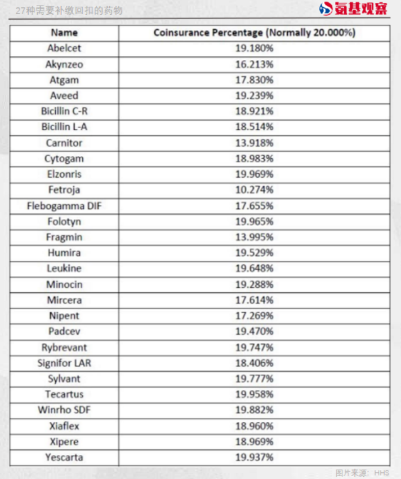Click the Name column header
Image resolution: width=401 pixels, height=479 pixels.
click(x=64, y=33)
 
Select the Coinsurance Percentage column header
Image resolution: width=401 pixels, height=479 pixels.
click(x=254, y=33)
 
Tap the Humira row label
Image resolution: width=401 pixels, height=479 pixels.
click(x=64, y=253)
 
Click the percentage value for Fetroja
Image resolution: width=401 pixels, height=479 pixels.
click(x=254, y=190)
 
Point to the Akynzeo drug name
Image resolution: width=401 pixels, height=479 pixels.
click(x=64, y=64)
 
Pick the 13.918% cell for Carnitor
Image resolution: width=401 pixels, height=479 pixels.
click(x=254, y=143)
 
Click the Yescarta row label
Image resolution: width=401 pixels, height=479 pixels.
click(x=64, y=457)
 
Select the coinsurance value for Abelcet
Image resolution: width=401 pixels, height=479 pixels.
click(x=254, y=49)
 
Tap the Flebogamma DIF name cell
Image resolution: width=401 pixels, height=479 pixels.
click(x=64, y=206)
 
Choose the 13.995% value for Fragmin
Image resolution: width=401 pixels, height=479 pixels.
click(x=254, y=237)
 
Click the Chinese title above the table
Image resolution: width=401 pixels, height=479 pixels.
click(x=69, y=10)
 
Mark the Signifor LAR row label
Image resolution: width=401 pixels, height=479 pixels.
click(x=64, y=363)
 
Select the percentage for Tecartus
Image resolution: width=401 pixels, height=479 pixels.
click(x=254, y=394)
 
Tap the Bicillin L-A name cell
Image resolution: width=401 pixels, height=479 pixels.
click(x=64, y=127)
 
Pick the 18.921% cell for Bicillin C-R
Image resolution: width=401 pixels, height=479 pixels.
click(x=254, y=111)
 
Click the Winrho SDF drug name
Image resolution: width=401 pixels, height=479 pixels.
click(x=64, y=410)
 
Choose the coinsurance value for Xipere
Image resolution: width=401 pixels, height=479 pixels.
click(x=254, y=441)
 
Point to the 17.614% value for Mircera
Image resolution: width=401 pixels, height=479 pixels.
click(x=254, y=300)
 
